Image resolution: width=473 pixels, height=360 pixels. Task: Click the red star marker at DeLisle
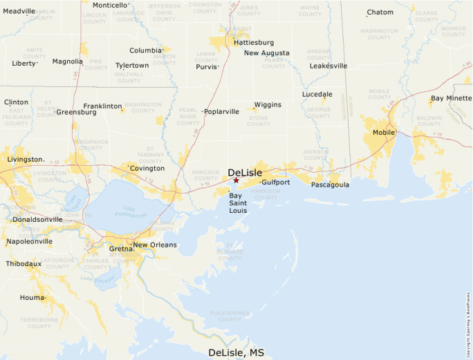(x=236, y=180)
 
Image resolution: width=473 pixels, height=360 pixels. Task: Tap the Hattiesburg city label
(x=254, y=42)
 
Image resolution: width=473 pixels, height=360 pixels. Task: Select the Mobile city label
(x=384, y=132)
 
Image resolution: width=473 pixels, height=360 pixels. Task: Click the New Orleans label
(x=155, y=245)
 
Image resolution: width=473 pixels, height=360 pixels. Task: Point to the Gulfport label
(x=276, y=182)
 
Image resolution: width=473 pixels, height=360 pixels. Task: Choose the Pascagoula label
(x=330, y=184)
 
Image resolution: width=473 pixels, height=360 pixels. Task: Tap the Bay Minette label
(x=451, y=98)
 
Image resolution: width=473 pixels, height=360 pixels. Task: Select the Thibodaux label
(x=24, y=263)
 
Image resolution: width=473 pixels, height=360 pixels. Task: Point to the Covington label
(x=147, y=168)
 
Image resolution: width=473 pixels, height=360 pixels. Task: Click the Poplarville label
(x=222, y=111)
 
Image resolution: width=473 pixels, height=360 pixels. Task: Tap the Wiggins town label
(x=268, y=104)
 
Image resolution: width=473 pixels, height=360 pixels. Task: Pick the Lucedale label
(x=317, y=94)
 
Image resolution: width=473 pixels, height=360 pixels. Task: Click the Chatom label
(x=380, y=12)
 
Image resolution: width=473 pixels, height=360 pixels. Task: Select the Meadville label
(x=19, y=11)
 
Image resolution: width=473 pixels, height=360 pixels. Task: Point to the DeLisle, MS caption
(x=236, y=352)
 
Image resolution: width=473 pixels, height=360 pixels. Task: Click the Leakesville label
(x=328, y=66)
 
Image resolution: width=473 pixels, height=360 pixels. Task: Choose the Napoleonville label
(x=29, y=241)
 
